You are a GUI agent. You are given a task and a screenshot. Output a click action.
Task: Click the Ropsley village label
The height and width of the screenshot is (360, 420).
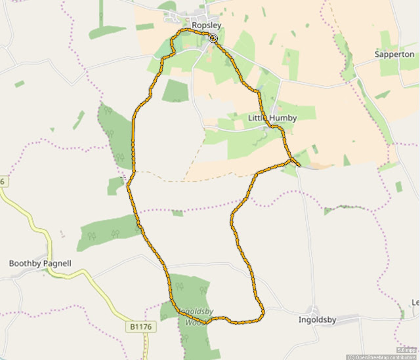click(x=206, y=25)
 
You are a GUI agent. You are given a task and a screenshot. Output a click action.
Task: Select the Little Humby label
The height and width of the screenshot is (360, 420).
click(x=272, y=118)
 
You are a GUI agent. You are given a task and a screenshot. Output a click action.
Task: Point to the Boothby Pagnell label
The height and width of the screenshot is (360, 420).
click(x=39, y=264)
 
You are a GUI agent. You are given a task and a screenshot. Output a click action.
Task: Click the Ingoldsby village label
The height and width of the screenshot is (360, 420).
click(x=318, y=321)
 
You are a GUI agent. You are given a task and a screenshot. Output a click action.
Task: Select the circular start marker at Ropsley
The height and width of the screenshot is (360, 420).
click(x=213, y=39)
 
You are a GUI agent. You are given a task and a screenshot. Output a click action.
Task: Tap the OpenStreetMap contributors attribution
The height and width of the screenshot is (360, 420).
click(x=383, y=357)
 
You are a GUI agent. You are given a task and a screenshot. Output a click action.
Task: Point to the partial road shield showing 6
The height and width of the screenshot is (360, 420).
click(x=2, y=181)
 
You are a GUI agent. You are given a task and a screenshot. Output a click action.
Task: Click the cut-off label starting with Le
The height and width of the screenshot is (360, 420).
click(x=415, y=302)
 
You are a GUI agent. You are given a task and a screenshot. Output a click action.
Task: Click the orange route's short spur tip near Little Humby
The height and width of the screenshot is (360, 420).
click(x=299, y=164)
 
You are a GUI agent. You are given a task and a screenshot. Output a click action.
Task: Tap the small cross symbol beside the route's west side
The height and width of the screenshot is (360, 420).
click(x=124, y=176)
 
